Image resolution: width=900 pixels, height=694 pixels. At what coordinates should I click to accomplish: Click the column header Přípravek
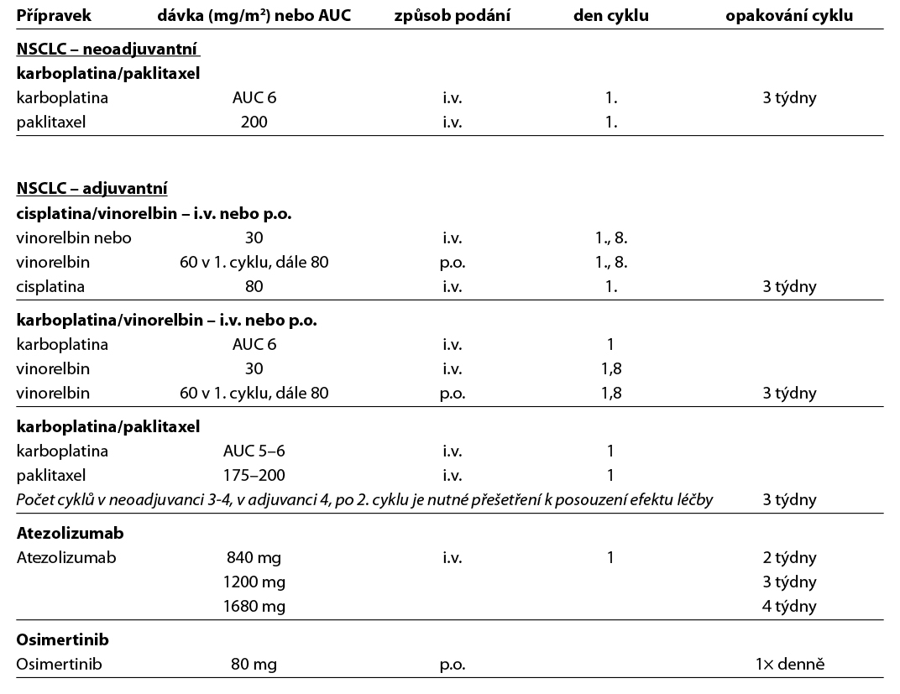point(54,16)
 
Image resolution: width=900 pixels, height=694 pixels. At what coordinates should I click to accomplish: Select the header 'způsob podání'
point(452,16)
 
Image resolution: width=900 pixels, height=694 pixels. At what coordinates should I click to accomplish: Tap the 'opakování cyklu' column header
point(789,16)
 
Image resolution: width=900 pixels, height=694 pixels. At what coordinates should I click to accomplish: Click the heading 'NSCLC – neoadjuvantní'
point(107,49)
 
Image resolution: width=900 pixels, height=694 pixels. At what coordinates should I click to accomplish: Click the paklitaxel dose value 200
point(254,122)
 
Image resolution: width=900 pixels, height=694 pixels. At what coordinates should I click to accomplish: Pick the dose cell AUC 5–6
point(254,451)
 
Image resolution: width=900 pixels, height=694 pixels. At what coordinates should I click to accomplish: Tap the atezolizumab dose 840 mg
point(254,557)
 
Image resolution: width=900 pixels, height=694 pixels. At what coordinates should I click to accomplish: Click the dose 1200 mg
point(254,582)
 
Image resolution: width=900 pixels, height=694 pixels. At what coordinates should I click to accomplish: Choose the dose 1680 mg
point(254,606)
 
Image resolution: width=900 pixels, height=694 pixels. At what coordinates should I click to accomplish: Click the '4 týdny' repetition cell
point(789,606)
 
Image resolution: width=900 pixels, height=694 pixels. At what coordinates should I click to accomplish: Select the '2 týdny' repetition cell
point(789,557)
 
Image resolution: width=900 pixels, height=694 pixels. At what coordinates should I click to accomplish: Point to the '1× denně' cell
point(789,665)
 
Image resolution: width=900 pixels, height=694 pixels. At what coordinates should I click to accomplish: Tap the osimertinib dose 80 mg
point(254,665)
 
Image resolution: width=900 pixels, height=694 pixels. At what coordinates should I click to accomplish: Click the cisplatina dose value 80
point(254,286)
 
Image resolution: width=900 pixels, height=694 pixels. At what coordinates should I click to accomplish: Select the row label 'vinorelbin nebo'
point(74,237)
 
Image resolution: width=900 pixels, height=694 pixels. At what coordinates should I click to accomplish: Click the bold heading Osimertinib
point(62,640)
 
